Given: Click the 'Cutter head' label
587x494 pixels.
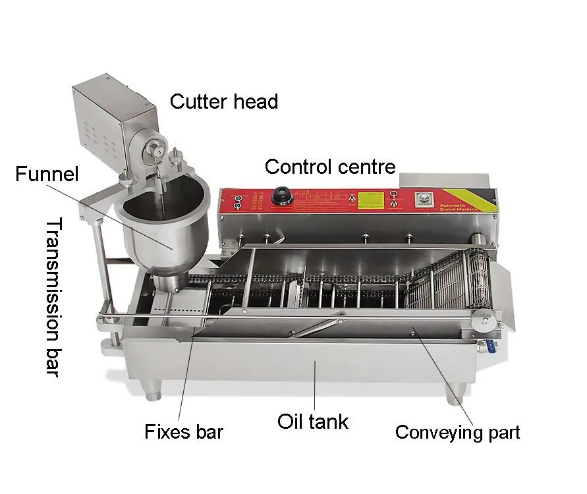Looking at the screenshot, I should point(224,102).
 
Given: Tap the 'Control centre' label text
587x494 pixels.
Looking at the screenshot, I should point(330,167).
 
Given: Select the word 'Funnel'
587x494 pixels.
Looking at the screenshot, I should point(47,175).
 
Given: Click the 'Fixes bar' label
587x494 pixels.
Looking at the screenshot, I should point(184,432).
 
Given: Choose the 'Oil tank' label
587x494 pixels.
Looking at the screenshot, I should point(312,422).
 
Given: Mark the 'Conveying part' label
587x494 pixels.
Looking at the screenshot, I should point(457,433).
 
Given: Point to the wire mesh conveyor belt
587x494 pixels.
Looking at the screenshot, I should point(444,284).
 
